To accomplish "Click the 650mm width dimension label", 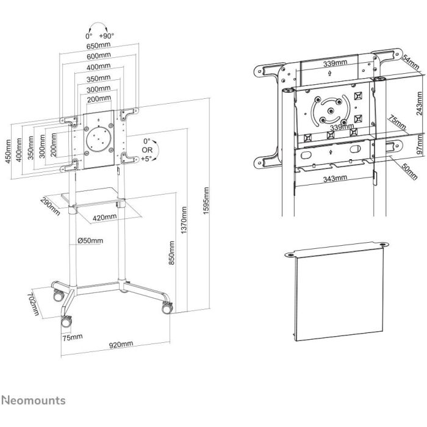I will pyautogui.click(x=98, y=46).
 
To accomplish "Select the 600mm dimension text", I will pyautogui.click(x=98, y=56).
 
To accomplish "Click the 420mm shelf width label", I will pyautogui.click(x=105, y=217).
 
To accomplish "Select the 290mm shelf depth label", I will pyautogui.click(x=51, y=206).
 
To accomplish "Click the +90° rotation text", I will pyautogui.click(x=107, y=37).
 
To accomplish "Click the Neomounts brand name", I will pyautogui.click(x=34, y=401).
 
